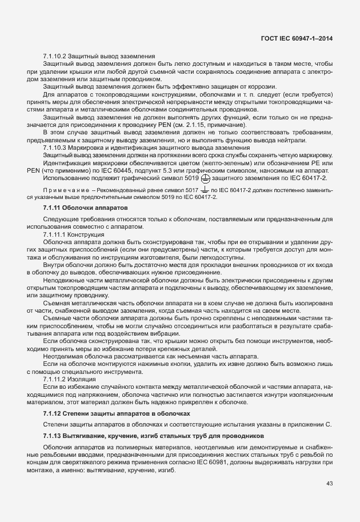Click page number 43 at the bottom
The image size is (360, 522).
329,483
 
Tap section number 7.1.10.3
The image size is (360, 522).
54,148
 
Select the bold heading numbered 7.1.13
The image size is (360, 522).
54,436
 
